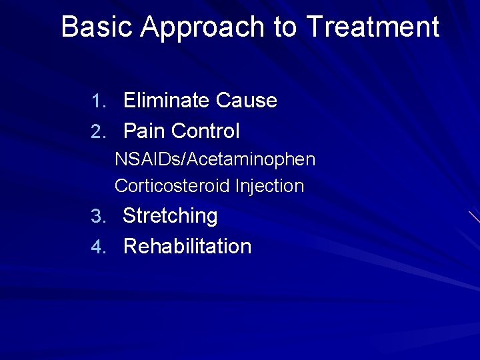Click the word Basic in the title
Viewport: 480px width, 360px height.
(x=97, y=27)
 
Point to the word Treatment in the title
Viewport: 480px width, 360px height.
(x=373, y=27)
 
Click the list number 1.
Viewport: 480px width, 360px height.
(x=98, y=101)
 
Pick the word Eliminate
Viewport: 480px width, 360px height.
(x=167, y=101)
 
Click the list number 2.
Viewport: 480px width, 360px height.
(x=98, y=132)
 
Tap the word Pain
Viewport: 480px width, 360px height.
(x=145, y=131)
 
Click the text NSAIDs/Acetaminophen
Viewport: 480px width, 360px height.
(x=215, y=160)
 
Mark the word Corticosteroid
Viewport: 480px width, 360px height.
(x=172, y=186)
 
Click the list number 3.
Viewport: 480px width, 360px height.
(x=98, y=217)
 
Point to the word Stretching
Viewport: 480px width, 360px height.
(x=171, y=217)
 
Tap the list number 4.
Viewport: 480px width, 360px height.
(x=98, y=247)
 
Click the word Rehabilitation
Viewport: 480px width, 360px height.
(x=187, y=247)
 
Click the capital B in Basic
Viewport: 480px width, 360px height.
(x=69, y=27)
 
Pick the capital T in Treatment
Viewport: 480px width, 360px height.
(x=314, y=27)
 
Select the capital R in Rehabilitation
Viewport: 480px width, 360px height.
(x=131, y=247)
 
